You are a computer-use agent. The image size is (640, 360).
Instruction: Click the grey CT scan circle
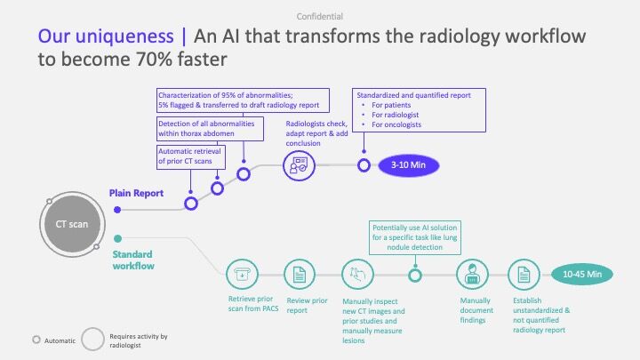pos(72,224)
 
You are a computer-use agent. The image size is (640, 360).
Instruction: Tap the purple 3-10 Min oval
pos(409,165)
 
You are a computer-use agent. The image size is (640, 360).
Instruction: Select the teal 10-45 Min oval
pos(582,275)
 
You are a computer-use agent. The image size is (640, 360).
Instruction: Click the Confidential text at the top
pos(320,16)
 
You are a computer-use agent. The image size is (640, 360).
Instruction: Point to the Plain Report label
pos(136,193)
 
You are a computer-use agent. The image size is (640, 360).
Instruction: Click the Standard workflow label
pos(133,260)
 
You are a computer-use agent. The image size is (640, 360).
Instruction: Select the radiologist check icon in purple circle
pos(299,165)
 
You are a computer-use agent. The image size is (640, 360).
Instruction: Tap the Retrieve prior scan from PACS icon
pos(242,275)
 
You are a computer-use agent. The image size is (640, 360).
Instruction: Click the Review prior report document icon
pos(300,275)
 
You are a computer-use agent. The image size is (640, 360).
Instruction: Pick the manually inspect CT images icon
pos(357,275)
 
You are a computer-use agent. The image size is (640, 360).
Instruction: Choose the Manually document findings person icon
pos(472,275)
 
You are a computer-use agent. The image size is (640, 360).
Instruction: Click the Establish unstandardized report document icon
pos(524,275)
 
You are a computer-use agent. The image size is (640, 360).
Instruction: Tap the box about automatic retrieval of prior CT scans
pos(191,156)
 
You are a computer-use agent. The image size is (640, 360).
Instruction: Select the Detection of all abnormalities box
pos(210,129)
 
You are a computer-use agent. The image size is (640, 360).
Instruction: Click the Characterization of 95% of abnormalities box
pos(243,100)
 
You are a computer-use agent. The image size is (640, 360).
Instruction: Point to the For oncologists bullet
pos(392,125)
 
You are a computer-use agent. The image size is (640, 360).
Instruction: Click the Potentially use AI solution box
pos(415,237)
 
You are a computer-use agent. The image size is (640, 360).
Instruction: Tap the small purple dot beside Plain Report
pos(117,210)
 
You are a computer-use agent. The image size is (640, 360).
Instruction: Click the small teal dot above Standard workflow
pos(117,239)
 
